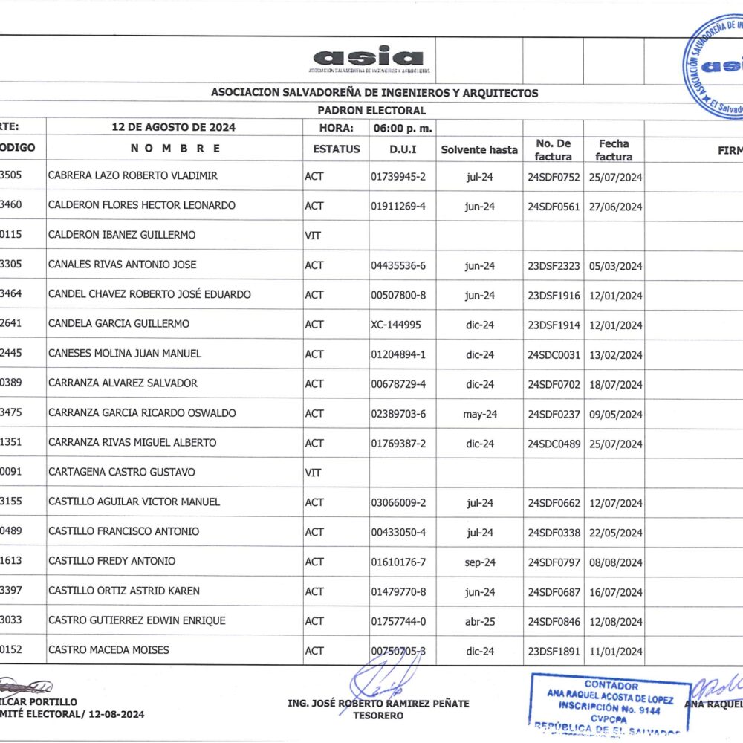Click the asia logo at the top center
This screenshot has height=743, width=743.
(369, 58)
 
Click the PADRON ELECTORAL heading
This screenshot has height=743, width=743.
(371, 111)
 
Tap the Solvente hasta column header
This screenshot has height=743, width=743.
(479, 149)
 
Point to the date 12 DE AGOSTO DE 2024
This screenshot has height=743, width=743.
(173, 127)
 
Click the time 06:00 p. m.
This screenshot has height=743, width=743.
(403, 127)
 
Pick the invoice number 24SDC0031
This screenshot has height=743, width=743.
(554, 355)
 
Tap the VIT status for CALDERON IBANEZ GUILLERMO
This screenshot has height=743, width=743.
(312, 236)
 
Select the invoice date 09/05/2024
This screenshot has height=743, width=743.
(615, 415)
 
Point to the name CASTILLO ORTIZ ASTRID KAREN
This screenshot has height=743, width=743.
(123, 591)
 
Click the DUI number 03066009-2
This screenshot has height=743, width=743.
(398, 503)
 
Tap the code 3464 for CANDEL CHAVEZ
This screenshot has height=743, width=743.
(13, 294)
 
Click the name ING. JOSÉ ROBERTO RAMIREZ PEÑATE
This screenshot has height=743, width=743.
(378, 703)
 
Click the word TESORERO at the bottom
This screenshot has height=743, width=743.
(379, 716)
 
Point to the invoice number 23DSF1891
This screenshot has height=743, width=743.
(554, 652)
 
